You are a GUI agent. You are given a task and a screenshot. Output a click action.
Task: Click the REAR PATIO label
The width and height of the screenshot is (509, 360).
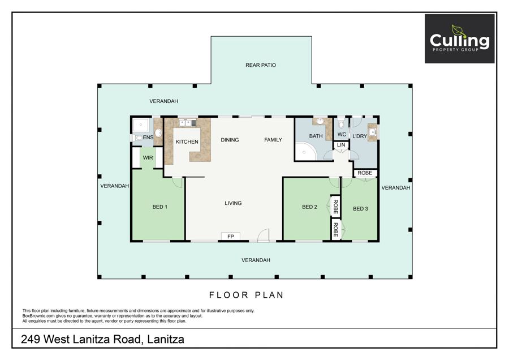click(x=261, y=65)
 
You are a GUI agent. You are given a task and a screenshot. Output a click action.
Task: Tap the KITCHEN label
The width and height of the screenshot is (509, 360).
click(x=187, y=142)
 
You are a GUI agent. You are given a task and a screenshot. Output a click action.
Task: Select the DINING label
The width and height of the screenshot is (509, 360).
click(x=230, y=140)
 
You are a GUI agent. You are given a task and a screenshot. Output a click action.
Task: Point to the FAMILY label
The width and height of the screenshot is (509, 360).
click(x=273, y=140)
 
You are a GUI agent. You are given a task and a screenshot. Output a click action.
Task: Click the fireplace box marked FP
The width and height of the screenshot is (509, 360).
click(x=231, y=236)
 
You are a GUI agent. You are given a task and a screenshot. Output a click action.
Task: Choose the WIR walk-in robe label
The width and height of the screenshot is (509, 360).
click(x=148, y=157)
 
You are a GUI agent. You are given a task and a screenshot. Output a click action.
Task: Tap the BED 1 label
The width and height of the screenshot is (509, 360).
click(x=160, y=207)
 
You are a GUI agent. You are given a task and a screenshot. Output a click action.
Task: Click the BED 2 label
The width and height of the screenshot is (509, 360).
click(x=309, y=207)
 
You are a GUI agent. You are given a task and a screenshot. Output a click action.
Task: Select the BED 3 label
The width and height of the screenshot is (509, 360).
click(x=360, y=209)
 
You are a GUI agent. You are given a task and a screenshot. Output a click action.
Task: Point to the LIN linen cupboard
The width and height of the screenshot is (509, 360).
click(x=341, y=145)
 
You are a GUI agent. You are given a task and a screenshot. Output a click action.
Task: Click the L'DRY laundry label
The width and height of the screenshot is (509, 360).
click(x=360, y=136)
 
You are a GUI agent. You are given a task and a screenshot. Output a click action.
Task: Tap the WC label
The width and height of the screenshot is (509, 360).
click(x=342, y=134)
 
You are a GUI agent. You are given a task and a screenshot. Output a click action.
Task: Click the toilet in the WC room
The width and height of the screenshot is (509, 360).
click(x=341, y=124)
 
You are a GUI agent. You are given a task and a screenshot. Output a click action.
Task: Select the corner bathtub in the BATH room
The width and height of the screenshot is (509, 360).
click(x=306, y=151)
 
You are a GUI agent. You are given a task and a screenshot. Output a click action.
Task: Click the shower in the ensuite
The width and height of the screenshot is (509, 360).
click(x=141, y=125)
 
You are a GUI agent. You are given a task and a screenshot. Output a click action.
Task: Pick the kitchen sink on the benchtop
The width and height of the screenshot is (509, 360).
click(x=186, y=123)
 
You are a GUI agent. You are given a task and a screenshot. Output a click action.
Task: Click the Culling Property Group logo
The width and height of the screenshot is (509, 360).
click(x=460, y=38)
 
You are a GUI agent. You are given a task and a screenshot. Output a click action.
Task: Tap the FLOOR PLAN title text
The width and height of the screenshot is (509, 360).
click(x=247, y=295)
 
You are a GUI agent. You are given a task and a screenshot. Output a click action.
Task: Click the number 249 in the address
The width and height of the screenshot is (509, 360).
click(x=31, y=339)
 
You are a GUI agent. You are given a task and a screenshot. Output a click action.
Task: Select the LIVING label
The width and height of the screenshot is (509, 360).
click(x=233, y=203)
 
